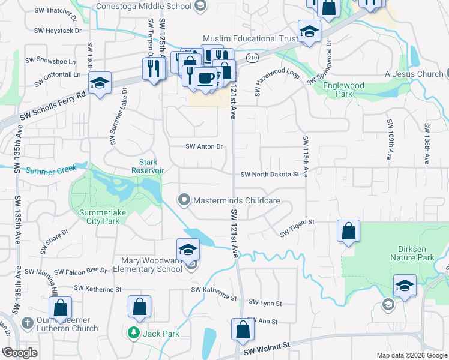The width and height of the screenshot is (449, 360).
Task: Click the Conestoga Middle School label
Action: click(x=143, y=7)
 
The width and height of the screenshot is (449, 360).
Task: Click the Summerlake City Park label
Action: click(x=99, y=217)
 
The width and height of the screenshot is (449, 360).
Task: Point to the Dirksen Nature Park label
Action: click(x=416, y=253)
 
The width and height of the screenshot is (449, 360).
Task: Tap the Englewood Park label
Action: click(x=343, y=89)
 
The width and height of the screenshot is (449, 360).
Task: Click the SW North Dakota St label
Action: click(x=270, y=175)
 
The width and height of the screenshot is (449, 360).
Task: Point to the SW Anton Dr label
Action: click(x=204, y=146)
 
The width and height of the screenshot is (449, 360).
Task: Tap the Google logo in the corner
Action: click(x=20, y=353)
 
